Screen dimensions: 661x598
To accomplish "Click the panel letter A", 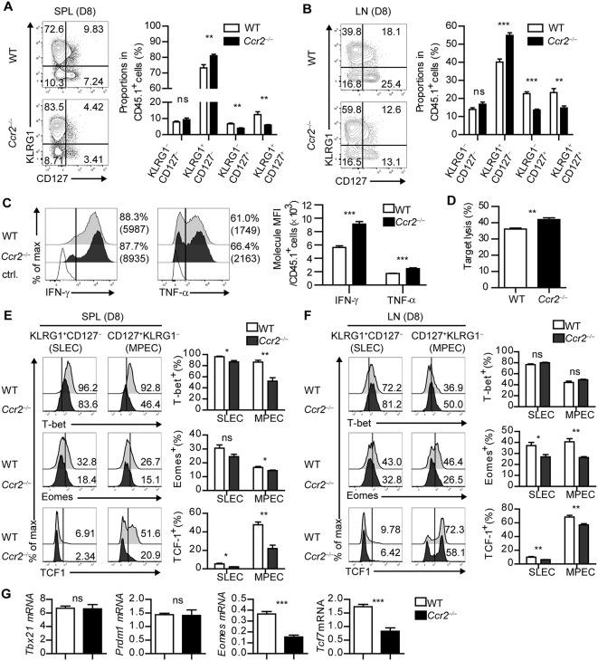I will (x=7, y=9).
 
